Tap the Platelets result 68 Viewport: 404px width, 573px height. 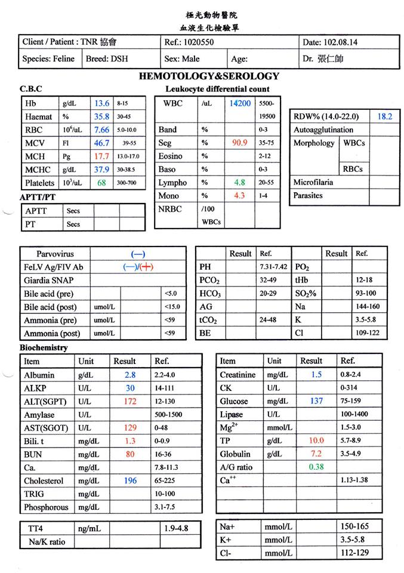[x=101, y=183]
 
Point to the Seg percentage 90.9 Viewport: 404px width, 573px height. [x=239, y=143]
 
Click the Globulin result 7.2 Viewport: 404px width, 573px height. [x=316, y=454]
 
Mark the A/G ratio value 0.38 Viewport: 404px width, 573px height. [x=316, y=467]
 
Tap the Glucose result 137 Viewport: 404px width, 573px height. [x=316, y=401]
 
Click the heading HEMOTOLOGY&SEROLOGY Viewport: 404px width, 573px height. [x=209, y=76]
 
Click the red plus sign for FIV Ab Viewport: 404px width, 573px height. [x=146, y=267]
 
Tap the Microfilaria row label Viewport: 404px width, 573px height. [x=313, y=182]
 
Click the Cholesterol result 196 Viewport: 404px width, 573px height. [x=129, y=480]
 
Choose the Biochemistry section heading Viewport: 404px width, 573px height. [x=44, y=347]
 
